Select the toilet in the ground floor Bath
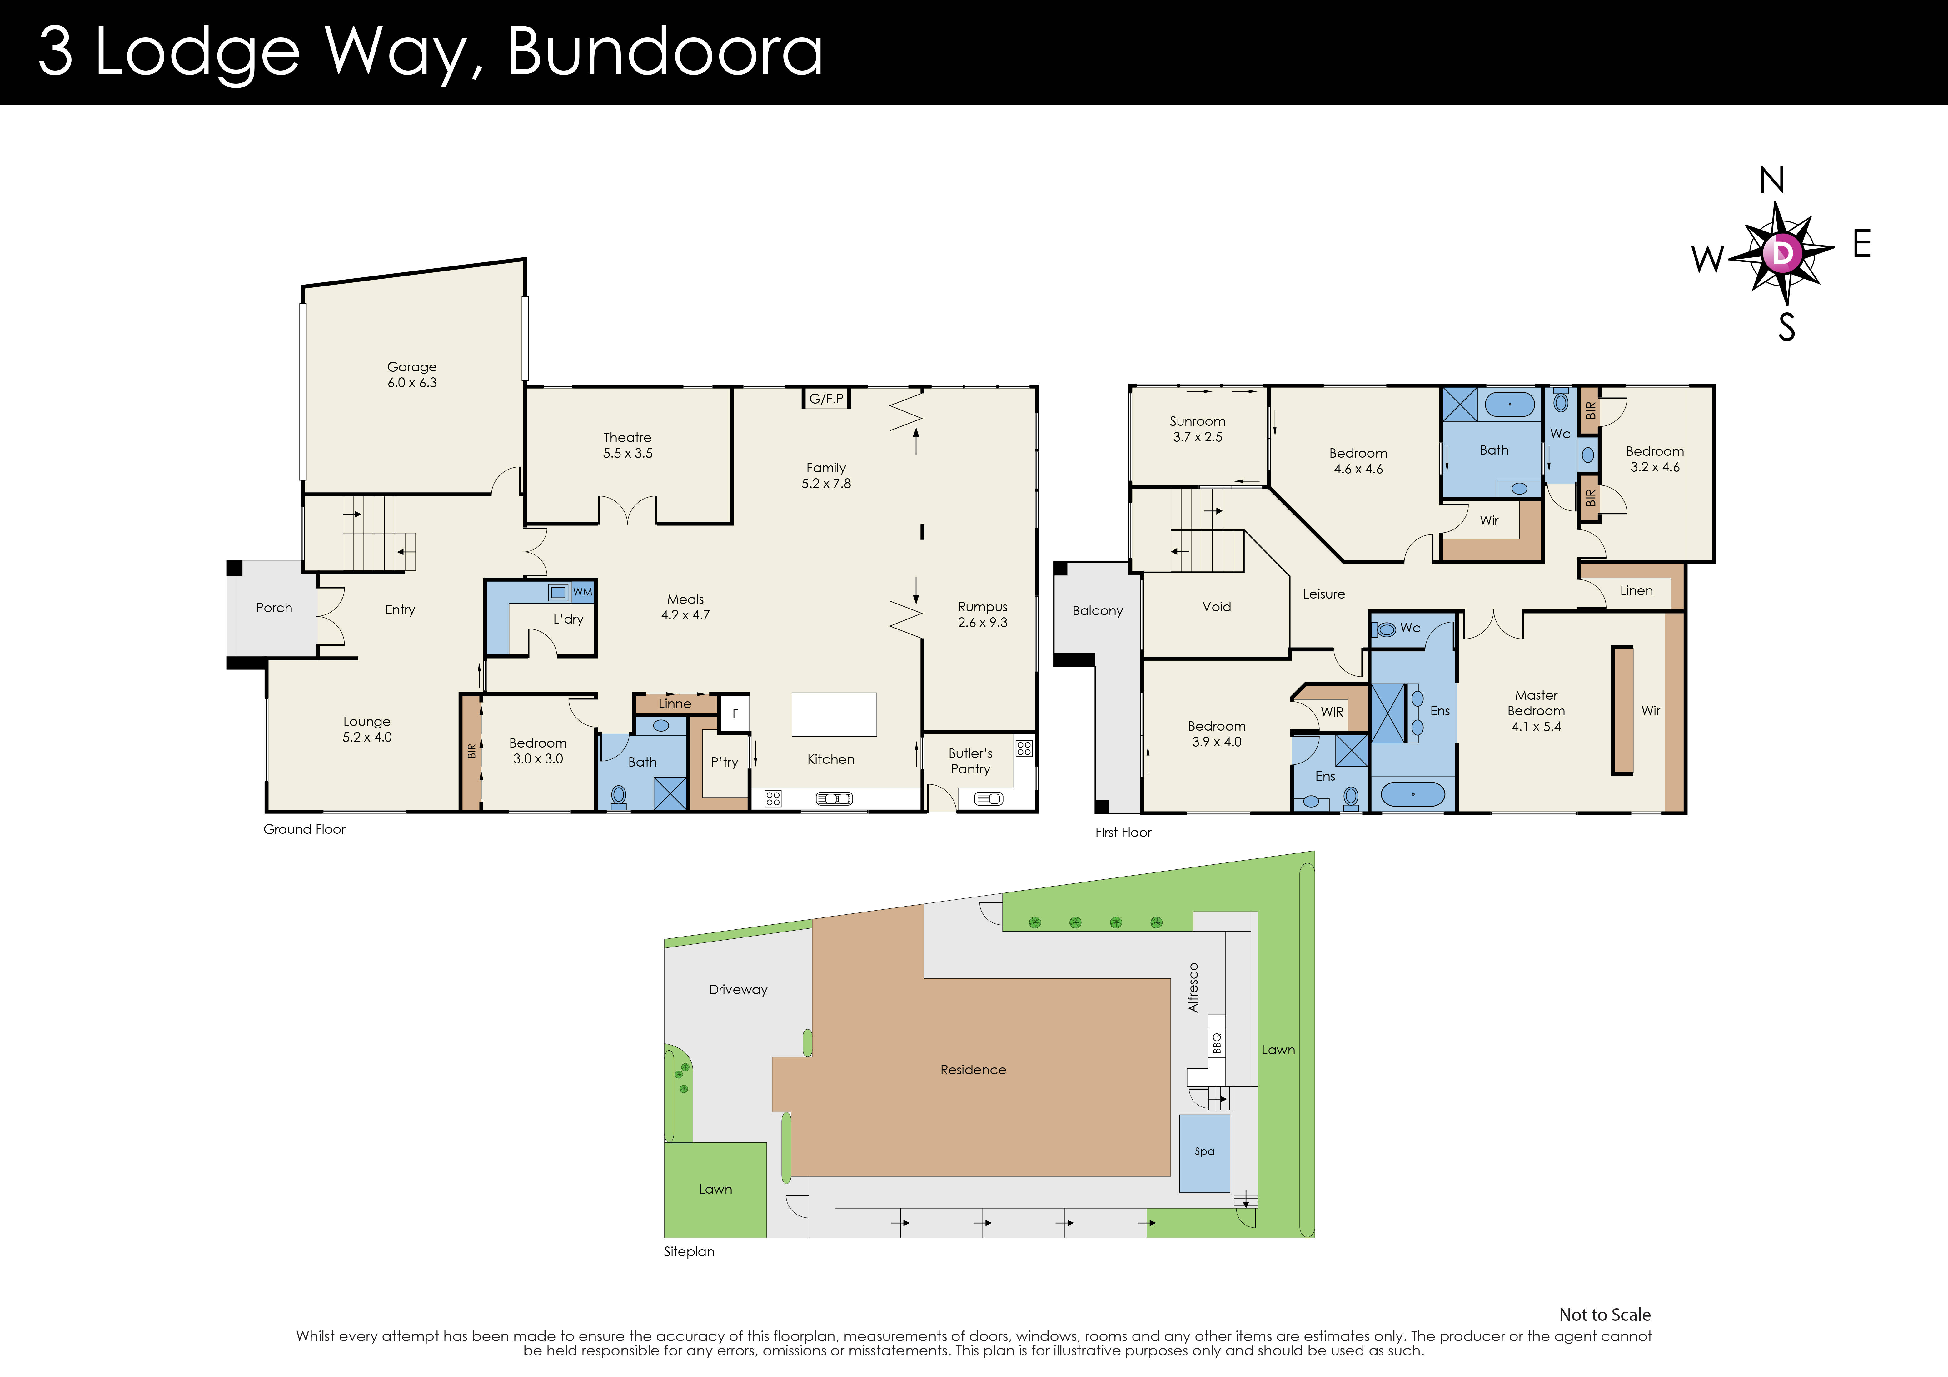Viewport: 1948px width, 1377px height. click(x=619, y=797)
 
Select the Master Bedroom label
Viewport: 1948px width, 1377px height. click(x=1536, y=710)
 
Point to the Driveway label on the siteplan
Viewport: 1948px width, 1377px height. click(x=738, y=989)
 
